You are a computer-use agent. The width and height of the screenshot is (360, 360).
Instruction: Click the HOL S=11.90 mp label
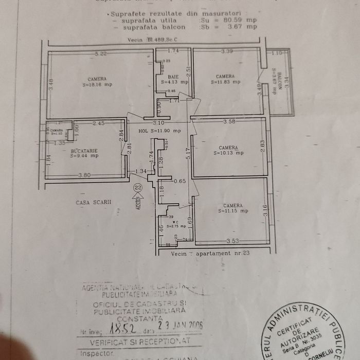[160, 131]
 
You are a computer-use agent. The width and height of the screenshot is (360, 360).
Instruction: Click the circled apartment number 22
[137, 189]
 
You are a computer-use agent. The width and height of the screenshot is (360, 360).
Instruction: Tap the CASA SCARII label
[93, 203]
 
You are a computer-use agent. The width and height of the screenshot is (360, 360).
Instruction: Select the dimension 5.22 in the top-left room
[101, 53]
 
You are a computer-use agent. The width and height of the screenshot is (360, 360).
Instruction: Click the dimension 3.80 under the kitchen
[84, 175]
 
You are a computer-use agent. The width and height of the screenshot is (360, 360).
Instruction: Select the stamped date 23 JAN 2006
[183, 325]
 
